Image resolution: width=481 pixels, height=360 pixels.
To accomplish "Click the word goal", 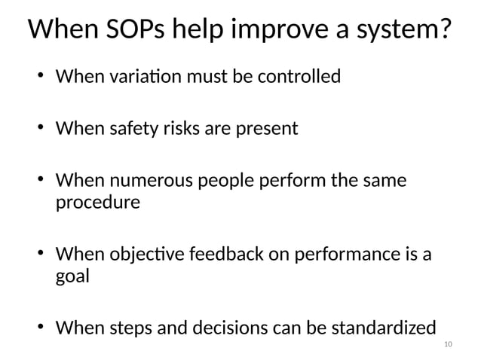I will [73, 276].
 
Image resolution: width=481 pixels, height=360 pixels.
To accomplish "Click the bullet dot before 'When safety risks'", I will [40, 129].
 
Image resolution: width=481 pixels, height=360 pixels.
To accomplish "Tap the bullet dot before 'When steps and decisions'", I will [40, 328].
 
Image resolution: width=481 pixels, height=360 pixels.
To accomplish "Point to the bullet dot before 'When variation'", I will [40, 77].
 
